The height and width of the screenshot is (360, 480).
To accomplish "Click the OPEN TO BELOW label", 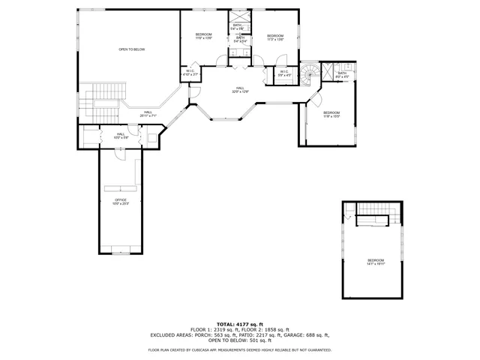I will click(131, 49).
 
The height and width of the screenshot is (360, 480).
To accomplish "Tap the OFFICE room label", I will click(120, 201).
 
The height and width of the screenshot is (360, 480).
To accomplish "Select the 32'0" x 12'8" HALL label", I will click(240, 89).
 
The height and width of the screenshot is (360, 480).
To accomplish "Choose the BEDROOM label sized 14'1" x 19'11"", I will click(375, 262).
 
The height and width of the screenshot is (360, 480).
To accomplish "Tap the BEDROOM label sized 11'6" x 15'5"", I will click(331, 114).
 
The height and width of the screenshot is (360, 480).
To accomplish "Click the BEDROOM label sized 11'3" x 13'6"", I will click(275, 37).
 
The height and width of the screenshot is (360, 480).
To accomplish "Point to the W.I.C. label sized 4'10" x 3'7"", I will click(190, 73).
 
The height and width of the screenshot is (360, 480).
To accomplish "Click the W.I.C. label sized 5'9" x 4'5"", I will click(284, 73).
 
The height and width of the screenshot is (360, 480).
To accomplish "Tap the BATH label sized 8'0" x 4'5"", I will click(342, 74).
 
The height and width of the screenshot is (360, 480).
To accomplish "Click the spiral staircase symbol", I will click(310, 73).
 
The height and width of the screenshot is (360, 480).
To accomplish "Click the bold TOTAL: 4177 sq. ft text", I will click(240, 323).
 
